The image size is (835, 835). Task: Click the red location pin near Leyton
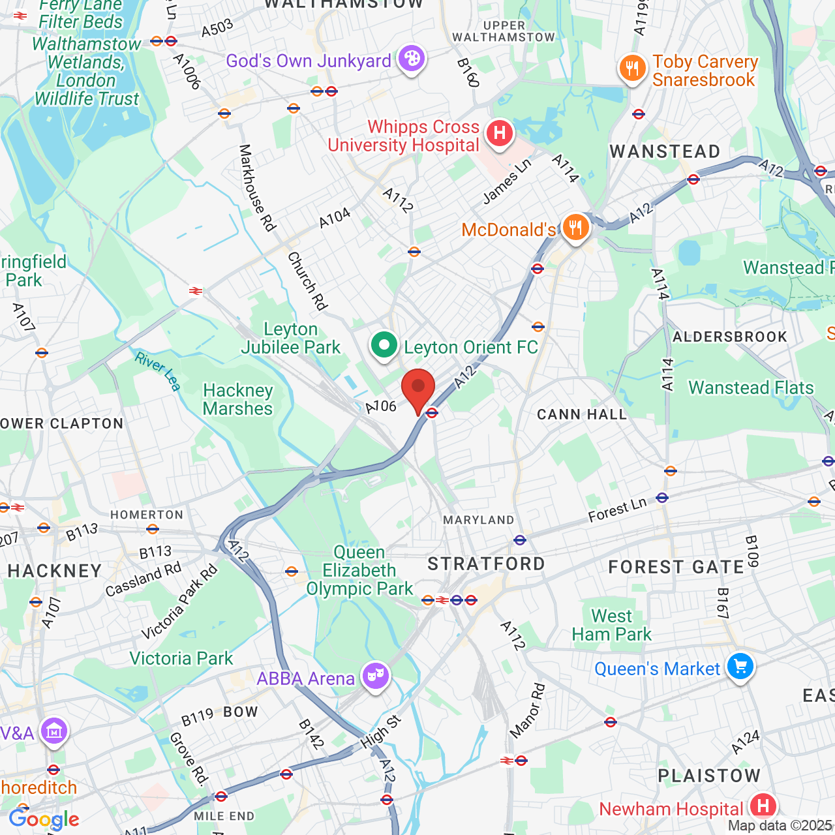[x=418, y=389]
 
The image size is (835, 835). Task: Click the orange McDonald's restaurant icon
[x=575, y=228]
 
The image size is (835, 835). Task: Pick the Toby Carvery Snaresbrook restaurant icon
[x=632, y=68]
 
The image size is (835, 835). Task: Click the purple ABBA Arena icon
[x=375, y=677]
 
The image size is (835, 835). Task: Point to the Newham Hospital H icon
[x=763, y=807]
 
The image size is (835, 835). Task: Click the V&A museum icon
[x=53, y=732]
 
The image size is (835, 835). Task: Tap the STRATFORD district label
[x=486, y=564]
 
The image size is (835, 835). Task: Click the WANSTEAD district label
[x=665, y=151]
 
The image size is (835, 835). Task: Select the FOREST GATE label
[x=676, y=568]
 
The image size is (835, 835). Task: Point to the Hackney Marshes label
[x=237, y=399]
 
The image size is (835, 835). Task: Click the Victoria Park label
[x=181, y=658]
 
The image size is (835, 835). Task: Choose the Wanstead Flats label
[x=751, y=387]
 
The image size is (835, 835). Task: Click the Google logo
[x=44, y=819]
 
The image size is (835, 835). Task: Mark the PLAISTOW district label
[x=709, y=776]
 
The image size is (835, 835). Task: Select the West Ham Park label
[x=611, y=625]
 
